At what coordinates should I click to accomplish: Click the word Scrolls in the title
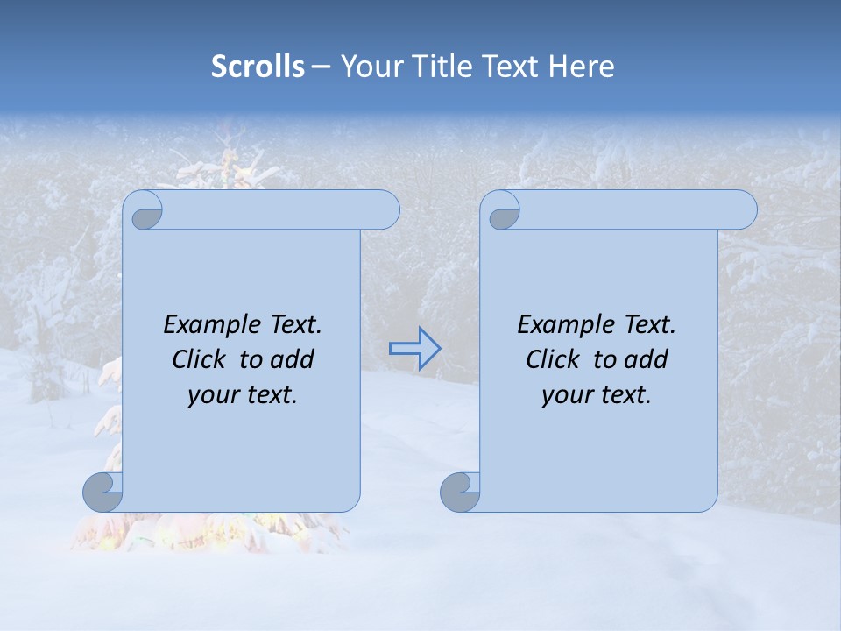[258, 67]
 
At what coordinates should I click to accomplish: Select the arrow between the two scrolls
[415, 349]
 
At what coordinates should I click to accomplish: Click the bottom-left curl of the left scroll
[102, 492]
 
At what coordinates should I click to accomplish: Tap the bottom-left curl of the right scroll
[459, 492]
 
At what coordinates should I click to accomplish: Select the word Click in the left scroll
[200, 359]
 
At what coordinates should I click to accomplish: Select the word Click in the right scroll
[553, 359]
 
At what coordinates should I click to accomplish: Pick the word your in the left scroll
[210, 395]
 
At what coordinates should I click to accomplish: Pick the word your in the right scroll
[565, 395]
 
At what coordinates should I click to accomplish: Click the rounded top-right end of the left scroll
[385, 210]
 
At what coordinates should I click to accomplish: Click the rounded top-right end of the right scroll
[743, 210]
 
